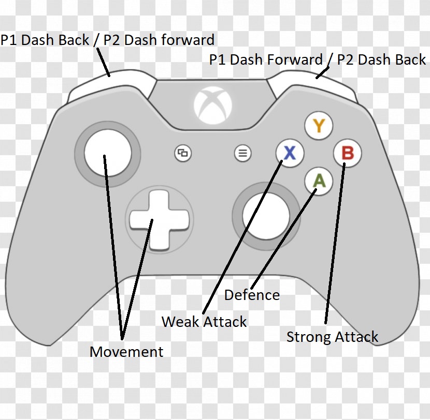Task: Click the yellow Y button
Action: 319,126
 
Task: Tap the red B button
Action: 347,153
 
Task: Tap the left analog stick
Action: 107,152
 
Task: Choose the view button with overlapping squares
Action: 183,153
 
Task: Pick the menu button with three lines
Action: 242,153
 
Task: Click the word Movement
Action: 126,352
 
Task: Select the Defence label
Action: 252,295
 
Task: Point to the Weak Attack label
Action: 204,322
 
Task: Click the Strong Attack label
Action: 332,337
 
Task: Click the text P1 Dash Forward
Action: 266,59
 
